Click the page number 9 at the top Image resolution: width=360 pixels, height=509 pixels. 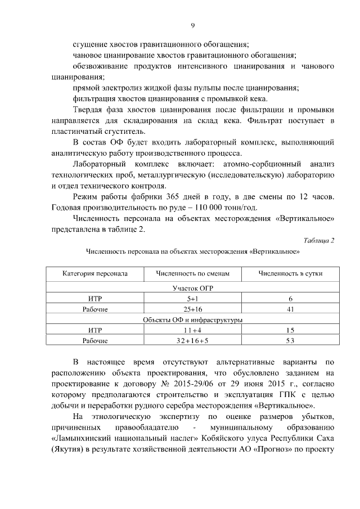click(192, 25)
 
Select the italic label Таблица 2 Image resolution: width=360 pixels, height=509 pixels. click(319, 241)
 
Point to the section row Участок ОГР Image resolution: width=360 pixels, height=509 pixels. click(192, 288)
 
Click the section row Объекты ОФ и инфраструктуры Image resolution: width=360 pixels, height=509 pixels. click(192, 319)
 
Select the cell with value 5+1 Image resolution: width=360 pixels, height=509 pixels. click(193, 299)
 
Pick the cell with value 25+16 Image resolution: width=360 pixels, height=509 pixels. click(193, 309)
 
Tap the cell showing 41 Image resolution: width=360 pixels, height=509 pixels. click(290, 309)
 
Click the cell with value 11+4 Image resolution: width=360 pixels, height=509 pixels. click(193, 330)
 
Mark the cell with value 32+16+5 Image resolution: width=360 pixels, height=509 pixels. click(193, 341)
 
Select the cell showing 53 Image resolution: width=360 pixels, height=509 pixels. click(290, 341)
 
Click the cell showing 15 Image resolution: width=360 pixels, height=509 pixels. click(290, 330)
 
